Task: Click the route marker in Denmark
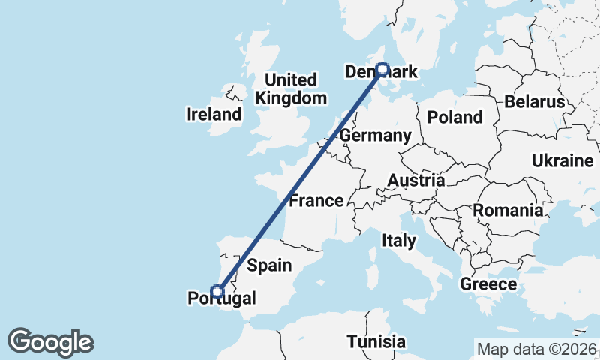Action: (382, 69)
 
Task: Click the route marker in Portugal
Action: (218, 292)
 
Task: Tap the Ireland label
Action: (214, 115)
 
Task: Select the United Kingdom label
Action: (292, 88)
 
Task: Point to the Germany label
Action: (375, 136)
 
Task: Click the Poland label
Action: (454, 117)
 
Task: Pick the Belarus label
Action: (534, 102)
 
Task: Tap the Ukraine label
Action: (562, 160)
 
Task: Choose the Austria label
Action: (416, 181)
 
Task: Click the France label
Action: (316, 201)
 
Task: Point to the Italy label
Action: (398, 241)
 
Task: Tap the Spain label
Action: (269, 264)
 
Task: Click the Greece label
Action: (488, 283)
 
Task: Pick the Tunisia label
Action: (376, 342)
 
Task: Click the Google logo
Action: (50, 342)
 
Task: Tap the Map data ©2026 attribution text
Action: (536, 349)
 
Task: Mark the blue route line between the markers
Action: (300, 180)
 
